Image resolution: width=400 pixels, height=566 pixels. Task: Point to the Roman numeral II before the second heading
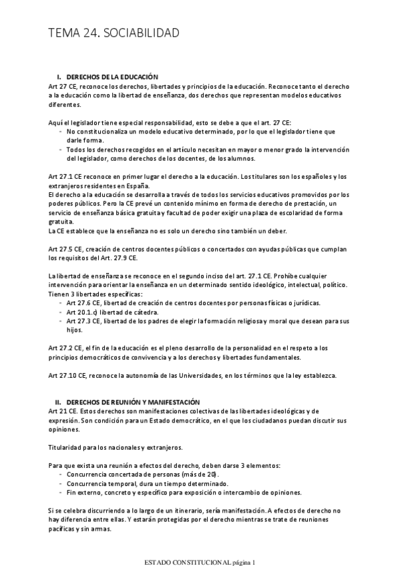tap(58, 402)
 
